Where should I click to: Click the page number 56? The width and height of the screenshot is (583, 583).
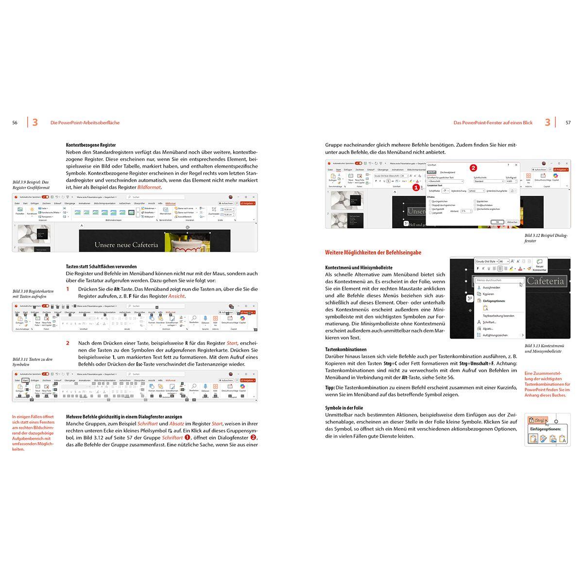click(15, 123)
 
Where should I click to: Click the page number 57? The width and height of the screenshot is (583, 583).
click(568, 123)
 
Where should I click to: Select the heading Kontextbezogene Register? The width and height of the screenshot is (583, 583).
click(91, 145)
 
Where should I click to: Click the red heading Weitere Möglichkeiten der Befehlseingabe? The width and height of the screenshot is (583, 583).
click(373, 253)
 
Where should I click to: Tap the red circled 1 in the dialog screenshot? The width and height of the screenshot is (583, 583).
click(415, 187)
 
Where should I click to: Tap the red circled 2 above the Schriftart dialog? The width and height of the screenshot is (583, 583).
click(473, 168)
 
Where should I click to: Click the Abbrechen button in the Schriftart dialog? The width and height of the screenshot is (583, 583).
click(512, 222)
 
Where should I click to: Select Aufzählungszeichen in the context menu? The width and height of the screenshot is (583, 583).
click(496, 335)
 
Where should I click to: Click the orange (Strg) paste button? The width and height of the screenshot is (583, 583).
click(536, 420)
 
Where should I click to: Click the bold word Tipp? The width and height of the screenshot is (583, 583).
click(330, 388)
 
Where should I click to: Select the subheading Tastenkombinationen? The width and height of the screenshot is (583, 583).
click(345, 349)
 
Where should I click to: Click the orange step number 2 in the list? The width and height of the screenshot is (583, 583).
click(68, 343)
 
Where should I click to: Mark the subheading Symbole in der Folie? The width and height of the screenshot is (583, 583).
click(344, 408)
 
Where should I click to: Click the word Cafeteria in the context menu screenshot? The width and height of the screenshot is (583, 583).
click(545, 281)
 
